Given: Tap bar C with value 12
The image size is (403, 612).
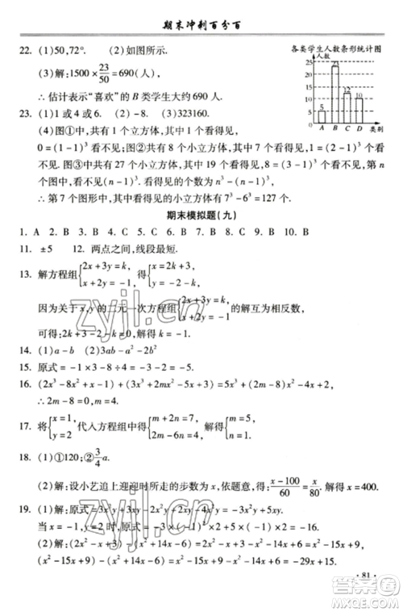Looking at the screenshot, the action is (347, 105).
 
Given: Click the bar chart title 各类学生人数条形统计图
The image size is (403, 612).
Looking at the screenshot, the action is (339, 48).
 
